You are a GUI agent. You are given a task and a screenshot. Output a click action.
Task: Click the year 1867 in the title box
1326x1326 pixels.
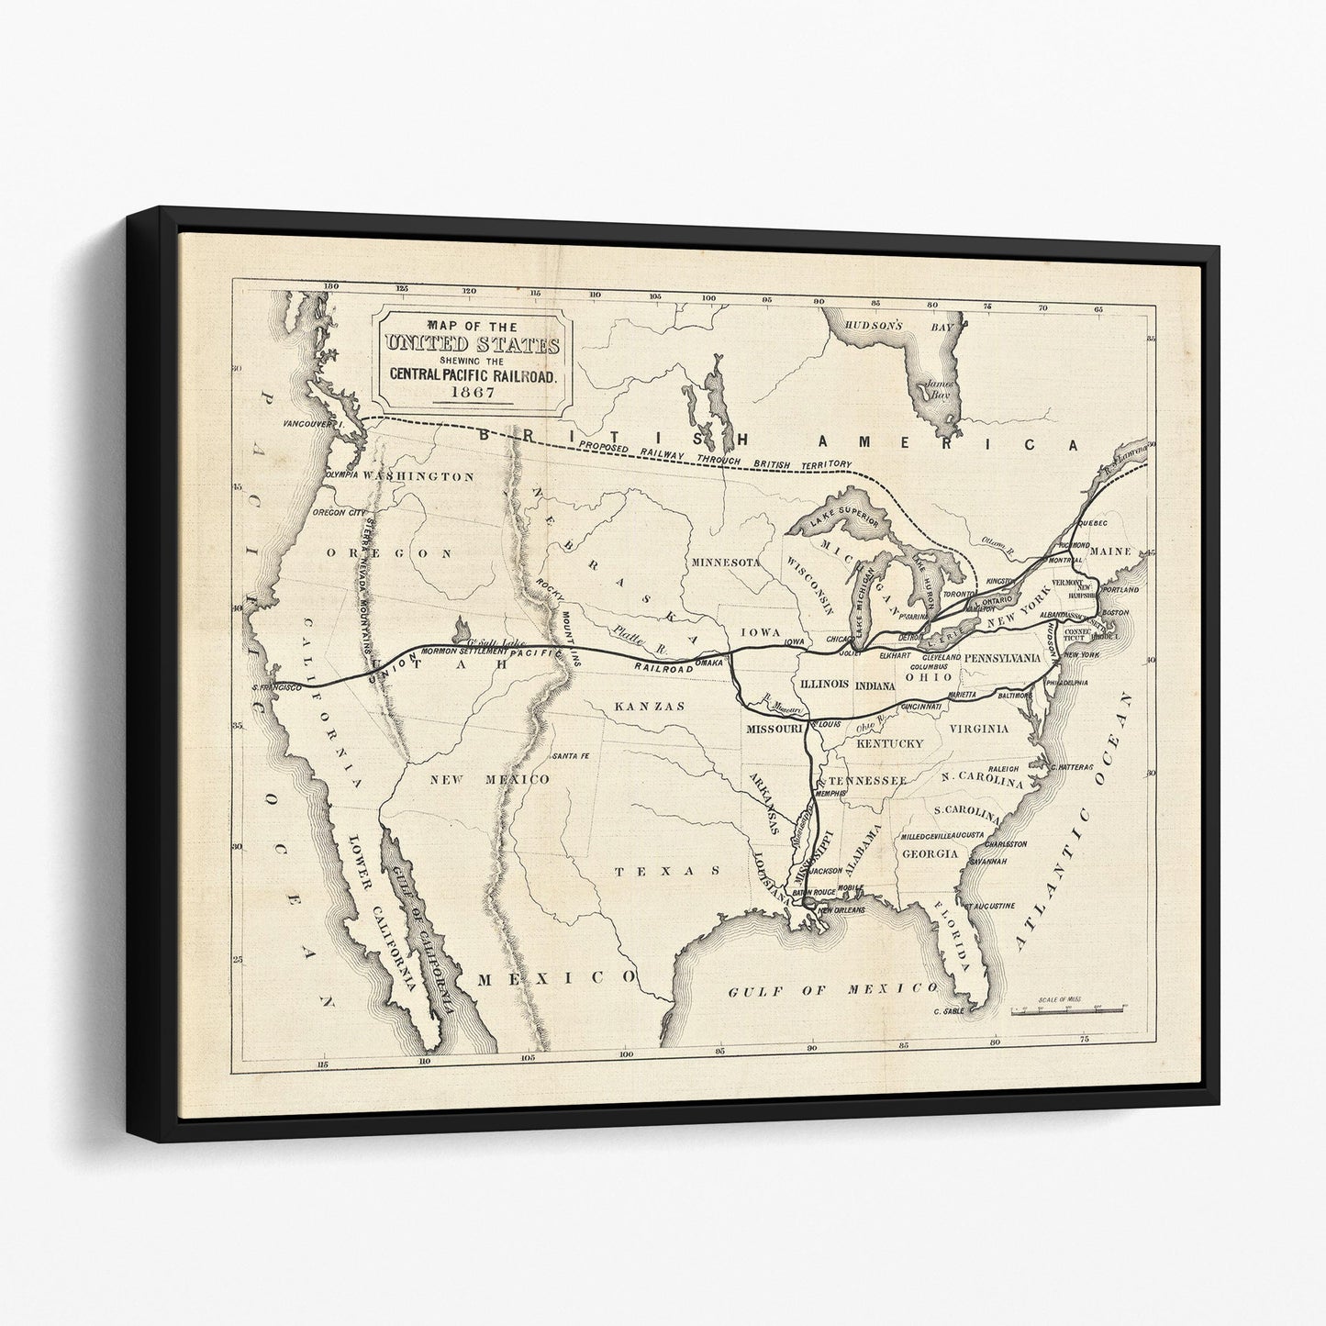[472, 392]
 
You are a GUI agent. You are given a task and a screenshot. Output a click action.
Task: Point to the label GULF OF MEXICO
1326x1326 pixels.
[832, 989]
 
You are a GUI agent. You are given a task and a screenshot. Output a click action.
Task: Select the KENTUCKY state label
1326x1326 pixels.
[889, 743]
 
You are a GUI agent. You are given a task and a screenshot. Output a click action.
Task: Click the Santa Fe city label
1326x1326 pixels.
[570, 756]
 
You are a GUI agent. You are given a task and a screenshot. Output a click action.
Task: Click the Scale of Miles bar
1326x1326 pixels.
[1064, 1009]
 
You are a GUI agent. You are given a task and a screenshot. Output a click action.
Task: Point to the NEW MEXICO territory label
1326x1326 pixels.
[490, 779]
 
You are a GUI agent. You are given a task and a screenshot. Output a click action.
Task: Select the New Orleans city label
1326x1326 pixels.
[843, 909]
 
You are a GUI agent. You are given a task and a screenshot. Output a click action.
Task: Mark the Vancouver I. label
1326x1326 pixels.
[313, 425]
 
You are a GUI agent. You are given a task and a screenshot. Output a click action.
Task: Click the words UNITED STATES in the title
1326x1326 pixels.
[472, 346]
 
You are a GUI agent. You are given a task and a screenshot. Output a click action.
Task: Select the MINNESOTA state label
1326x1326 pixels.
[726, 562]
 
